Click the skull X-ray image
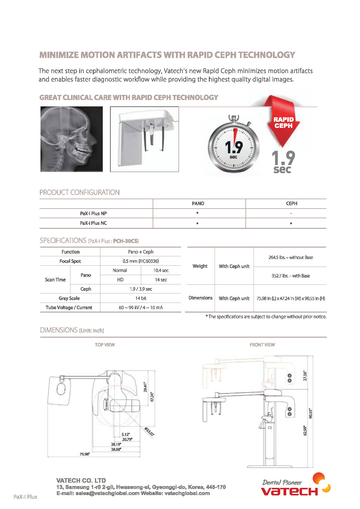[x=72, y=139]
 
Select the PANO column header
[x=198, y=203]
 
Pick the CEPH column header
[x=291, y=203]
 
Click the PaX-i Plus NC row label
[x=93, y=223]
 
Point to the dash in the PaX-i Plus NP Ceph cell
[x=291, y=213]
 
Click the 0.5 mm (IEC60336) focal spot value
[x=141, y=261]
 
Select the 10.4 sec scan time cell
[x=161, y=271]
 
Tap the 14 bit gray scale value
[x=141, y=298]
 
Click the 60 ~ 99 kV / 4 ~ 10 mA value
[x=141, y=308]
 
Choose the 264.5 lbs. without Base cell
[x=290, y=258]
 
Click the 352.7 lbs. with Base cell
[x=290, y=276]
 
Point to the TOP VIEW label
[x=105, y=345]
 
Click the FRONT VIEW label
[x=262, y=345]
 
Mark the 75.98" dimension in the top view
[x=85, y=454]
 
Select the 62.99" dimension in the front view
[x=305, y=430]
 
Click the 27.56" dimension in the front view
[x=305, y=376]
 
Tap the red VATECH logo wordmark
[x=289, y=491]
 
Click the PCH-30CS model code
[x=125, y=241]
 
